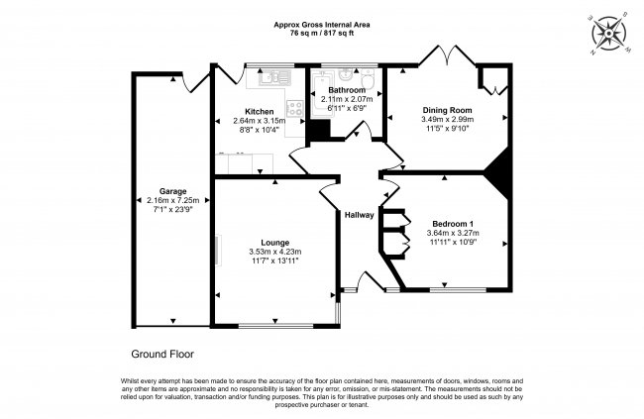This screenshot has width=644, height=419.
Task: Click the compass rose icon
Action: tap(608, 34)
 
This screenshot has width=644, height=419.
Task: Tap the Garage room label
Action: tap(173, 191)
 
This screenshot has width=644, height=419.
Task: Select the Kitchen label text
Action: tap(260, 111)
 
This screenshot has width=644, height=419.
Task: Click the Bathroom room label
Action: tap(347, 90)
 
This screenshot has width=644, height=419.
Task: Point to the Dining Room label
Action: tap(447, 110)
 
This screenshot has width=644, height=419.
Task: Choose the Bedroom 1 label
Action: tap(453, 224)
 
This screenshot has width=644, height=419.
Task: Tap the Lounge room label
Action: tap(275, 243)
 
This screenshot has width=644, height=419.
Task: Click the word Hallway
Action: tap(360, 215)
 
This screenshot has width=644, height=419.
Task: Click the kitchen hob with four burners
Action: tap(295, 108)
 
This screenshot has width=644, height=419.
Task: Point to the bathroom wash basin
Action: tap(346, 75)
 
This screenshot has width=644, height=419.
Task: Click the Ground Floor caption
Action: tap(162, 354)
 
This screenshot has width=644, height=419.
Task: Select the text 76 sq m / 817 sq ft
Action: tap(322, 34)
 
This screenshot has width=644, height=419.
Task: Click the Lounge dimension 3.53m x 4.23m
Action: tap(275, 252)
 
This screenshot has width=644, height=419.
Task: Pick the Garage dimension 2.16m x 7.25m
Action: tap(173, 200)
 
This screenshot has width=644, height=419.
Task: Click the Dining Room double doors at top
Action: tap(447, 56)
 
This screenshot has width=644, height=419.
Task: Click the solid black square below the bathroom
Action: tap(320, 130)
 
